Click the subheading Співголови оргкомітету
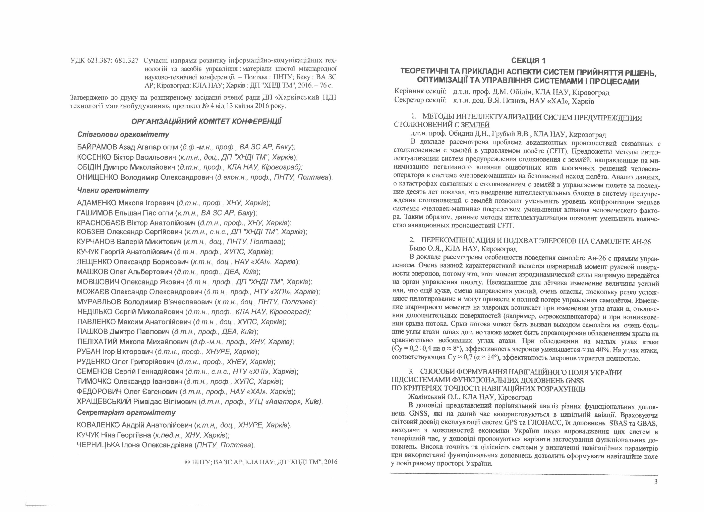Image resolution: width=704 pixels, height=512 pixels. [x=123, y=135]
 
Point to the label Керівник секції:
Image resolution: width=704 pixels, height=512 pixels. [x=420, y=92]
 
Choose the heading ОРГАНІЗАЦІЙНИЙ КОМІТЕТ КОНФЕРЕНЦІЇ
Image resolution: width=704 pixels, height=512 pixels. [x=207, y=121]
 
